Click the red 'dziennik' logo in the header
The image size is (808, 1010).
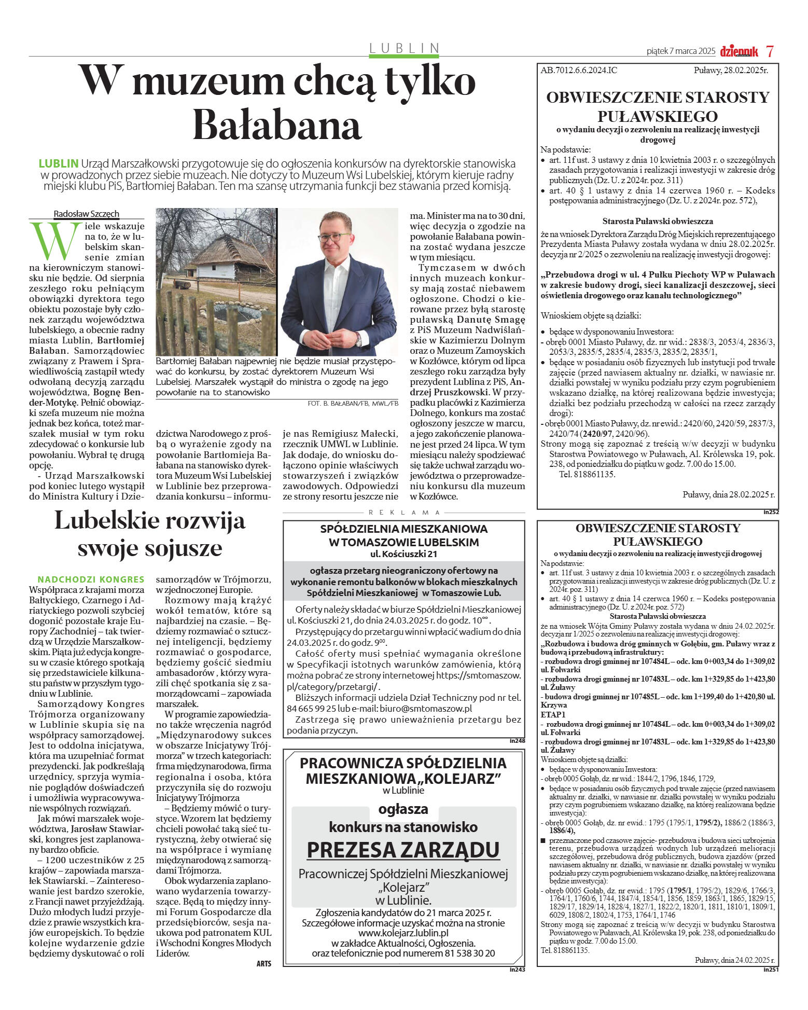tap(739, 51)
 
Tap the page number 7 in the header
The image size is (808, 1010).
tap(770, 51)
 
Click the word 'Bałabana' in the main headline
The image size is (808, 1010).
tap(277, 126)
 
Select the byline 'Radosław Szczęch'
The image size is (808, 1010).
tap(86, 214)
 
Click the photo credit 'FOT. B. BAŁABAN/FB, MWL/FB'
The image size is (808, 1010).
tap(353, 403)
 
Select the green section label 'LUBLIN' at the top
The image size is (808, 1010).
tap(405, 48)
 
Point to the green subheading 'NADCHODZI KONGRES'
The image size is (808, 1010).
tap(91, 579)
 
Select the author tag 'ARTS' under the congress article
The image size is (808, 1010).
tap(263, 963)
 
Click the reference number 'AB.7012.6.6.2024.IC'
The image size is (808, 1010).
tap(579, 70)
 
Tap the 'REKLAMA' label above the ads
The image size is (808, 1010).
tap(404, 513)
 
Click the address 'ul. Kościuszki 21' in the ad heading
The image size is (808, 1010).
tap(404, 554)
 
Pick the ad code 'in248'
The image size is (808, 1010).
tap(517, 741)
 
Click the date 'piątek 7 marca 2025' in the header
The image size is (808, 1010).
tap(680, 51)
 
